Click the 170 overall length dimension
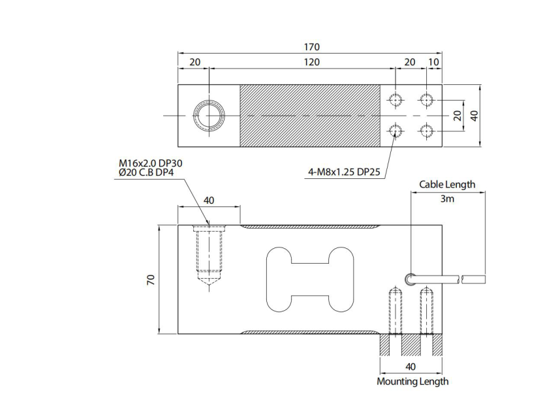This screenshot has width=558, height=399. pyautogui.click(x=311, y=47)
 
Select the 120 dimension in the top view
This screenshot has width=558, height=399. pyautogui.click(x=311, y=62)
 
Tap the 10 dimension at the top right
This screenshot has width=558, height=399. pyautogui.click(x=434, y=62)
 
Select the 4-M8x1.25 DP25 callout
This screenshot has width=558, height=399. pyautogui.click(x=344, y=172)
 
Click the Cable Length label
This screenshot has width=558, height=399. pyautogui.click(x=447, y=185)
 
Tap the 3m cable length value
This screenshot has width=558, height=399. pyautogui.click(x=447, y=199)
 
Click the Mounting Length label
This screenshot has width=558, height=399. pyautogui.click(x=412, y=381)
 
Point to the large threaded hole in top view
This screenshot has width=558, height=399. pyautogui.click(x=209, y=116)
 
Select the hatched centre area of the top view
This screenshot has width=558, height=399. pyautogui.click(x=310, y=116)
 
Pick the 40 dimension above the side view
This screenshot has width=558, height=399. pyautogui.click(x=209, y=200)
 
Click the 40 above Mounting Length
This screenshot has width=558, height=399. pyautogui.click(x=411, y=367)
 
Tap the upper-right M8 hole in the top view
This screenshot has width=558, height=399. pyautogui.click(x=426, y=100)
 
